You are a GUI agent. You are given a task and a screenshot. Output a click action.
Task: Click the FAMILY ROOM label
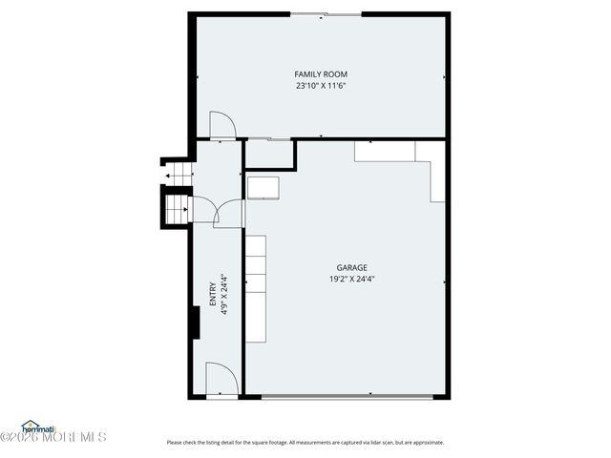pyautogui.click(x=321, y=73)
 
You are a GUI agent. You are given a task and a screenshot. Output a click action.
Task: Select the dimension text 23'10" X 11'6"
pyautogui.click(x=321, y=86)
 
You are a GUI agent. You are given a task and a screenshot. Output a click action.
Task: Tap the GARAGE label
pyautogui.click(x=351, y=268)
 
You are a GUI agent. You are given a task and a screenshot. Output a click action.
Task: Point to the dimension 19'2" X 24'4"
pyautogui.click(x=351, y=280)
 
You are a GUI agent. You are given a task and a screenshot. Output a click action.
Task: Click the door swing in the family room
pyautogui.click(x=221, y=125)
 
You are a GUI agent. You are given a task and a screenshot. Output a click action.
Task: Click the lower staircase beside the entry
pyautogui.click(x=177, y=209)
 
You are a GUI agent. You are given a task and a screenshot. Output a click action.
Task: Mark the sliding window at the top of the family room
pyautogui.click(x=320, y=14)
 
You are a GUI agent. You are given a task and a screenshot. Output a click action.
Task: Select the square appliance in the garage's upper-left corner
pyautogui.click(x=263, y=187)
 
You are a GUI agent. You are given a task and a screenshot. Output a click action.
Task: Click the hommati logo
pyautogui.click(x=39, y=426)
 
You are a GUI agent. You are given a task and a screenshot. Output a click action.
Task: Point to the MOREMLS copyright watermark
pyautogui.click(x=53, y=437)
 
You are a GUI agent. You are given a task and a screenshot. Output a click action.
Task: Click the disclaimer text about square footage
pyautogui.click(x=305, y=442)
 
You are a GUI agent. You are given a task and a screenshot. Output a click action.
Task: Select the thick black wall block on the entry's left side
pyautogui.click(x=194, y=323)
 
